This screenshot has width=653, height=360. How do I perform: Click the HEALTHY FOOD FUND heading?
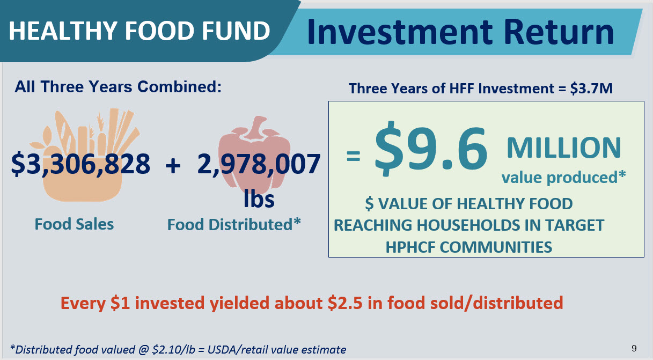[x=140, y=31]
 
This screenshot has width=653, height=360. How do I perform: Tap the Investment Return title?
[x=460, y=32]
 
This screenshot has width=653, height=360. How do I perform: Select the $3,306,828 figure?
[x=80, y=164]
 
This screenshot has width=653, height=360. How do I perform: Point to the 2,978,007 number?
[x=259, y=164]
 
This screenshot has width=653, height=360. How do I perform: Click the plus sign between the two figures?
[x=173, y=166]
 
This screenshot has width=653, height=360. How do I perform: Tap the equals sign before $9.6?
[x=353, y=156]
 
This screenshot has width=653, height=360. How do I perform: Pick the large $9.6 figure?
[x=431, y=148]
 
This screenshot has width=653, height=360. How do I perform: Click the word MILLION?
[x=564, y=148]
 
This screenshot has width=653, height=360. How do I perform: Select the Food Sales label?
[x=75, y=224]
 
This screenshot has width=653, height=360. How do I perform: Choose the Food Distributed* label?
[x=234, y=224]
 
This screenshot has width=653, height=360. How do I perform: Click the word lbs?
[x=259, y=199]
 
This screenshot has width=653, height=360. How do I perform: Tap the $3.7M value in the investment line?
[x=591, y=89]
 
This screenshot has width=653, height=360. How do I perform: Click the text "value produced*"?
[x=564, y=178]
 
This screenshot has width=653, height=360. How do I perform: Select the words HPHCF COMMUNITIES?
[x=469, y=247]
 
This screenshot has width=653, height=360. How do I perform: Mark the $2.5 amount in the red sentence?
[x=345, y=303]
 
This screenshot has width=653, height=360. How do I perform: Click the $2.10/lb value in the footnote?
[x=173, y=349]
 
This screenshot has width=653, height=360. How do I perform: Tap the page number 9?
[x=634, y=348]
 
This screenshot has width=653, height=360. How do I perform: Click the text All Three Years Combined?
[x=118, y=87]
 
